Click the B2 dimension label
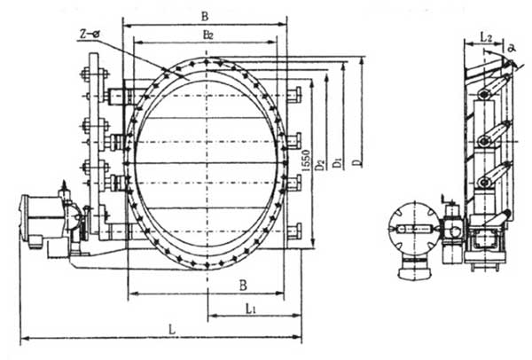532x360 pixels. [207, 35]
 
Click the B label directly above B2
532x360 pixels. [205, 15]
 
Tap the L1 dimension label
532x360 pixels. [252, 308]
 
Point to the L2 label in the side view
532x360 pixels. [486, 36]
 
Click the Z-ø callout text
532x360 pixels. [89, 34]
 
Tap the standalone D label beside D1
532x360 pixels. [356, 163]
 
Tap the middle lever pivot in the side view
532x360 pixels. [484, 140]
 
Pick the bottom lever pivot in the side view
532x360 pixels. [484, 183]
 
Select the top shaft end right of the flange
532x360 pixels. [294, 94]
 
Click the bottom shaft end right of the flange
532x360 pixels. [294, 231]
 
